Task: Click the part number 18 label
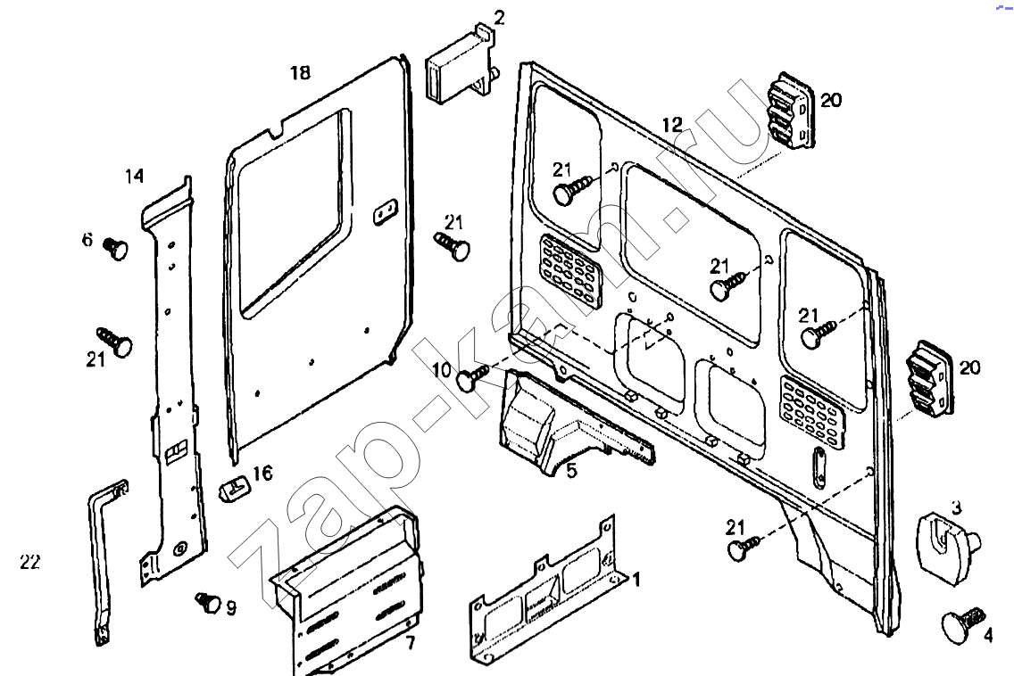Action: (x=300, y=73)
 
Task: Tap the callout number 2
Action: (x=499, y=17)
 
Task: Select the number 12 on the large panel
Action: (x=671, y=125)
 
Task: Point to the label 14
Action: (x=134, y=177)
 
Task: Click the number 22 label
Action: (x=29, y=562)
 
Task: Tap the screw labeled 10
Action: (x=472, y=378)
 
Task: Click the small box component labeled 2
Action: (x=459, y=70)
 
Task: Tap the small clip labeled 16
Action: (x=235, y=487)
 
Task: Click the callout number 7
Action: (x=409, y=643)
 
